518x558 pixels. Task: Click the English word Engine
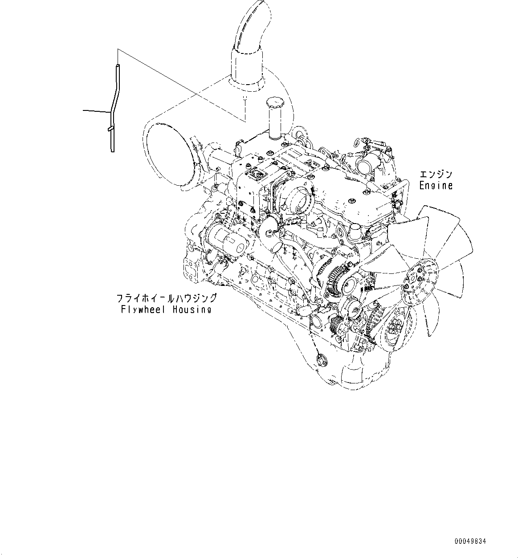(436, 185)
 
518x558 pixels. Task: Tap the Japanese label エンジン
(436, 175)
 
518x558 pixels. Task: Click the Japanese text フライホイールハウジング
(166, 298)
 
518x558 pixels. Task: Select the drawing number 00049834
(470, 541)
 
